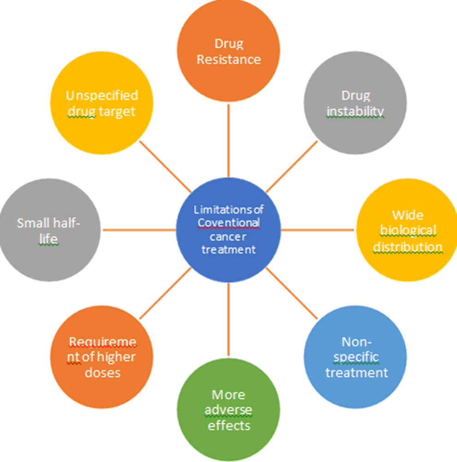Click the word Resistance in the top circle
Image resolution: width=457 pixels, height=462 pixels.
[229, 59]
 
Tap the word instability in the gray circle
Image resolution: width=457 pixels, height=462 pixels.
[356, 111]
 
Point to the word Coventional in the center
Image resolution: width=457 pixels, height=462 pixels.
[229, 223]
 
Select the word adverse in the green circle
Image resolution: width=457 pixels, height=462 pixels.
[229, 410]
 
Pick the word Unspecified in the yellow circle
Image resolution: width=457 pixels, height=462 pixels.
[102, 95]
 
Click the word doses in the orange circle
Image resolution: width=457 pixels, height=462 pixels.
[102, 372]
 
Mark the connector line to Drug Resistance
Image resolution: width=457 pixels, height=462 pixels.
[229, 138]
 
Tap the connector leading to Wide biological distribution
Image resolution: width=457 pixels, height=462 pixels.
[318, 229]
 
